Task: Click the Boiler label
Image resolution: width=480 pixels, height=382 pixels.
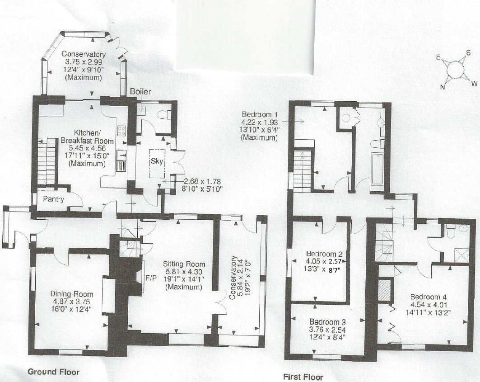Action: [x=140, y=91]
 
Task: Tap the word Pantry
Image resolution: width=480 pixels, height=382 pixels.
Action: [x=54, y=199]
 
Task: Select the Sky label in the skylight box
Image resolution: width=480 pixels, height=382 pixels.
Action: [x=157, y=161]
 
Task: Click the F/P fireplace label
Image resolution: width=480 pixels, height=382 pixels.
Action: [x=151, y=278]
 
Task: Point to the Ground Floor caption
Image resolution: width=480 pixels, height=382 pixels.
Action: [x=54, y=372]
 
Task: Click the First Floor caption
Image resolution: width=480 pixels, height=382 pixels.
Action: [x=303, y=377]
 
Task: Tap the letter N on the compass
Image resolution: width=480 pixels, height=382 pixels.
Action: [x=443, y=87]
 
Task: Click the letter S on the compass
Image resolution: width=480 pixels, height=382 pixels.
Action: [x=468, y=53]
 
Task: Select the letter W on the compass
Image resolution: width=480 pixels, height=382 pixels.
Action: [x=474, y=83]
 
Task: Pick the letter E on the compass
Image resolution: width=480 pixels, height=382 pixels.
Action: [x=438, y=57]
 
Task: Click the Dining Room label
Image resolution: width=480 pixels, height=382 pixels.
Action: [x=72, y=294]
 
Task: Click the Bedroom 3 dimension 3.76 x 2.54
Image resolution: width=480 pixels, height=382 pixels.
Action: [x=327, y=330]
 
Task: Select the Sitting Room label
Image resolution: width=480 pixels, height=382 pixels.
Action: [x=184, y=264]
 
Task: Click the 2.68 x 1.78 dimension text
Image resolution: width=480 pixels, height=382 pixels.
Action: [x=202, y=181]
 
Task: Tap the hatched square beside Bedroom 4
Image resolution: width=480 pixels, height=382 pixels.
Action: [x=385, y=289]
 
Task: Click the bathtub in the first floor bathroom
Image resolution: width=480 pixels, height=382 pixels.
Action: [x=377, y=169]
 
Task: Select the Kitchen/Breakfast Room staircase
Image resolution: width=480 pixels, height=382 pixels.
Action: [x=47, y=161]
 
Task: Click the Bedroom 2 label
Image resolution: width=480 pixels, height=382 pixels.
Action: [x=324, y=254]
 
